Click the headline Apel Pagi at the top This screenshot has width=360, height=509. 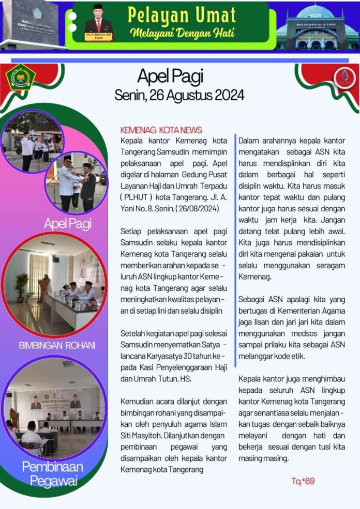click(x=170, y=76)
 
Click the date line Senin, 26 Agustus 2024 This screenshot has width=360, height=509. click(x=179, y=95)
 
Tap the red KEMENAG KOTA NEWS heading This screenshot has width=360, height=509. click(x=161, y=130)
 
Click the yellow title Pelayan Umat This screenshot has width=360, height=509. click(x=182, y=15)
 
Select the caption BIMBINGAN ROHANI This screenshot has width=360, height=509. click(x=57, y=345)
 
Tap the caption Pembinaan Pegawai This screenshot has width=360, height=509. click(x=52, y=473)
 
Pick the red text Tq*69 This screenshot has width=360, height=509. click(x=303, y=482)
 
